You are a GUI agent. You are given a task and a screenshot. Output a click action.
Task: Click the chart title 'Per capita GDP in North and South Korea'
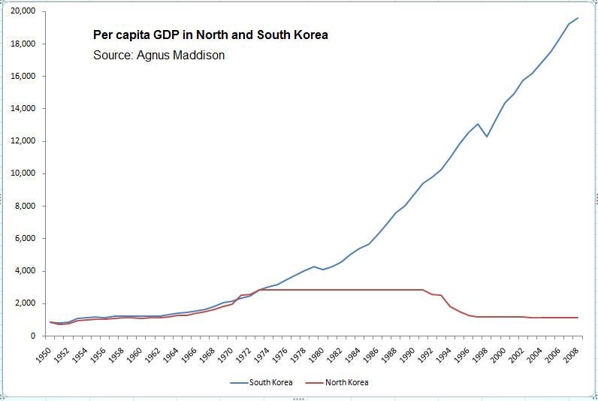210,35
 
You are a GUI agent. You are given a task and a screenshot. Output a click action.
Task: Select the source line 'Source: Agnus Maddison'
159,55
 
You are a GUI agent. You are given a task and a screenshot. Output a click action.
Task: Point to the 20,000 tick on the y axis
23,11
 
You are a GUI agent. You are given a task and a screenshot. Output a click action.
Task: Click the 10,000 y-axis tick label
23,173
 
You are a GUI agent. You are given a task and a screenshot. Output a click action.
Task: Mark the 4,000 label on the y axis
26,271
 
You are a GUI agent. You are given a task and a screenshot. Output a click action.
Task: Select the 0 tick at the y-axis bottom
34,336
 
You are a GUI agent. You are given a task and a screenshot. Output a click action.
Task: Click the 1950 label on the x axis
44,354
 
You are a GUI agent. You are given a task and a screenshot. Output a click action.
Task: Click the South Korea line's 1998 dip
487,137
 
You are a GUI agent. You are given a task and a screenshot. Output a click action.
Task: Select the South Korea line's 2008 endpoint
578,18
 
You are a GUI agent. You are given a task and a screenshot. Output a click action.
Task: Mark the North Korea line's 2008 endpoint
578,318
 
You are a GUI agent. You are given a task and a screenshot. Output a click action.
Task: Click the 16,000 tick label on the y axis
23,77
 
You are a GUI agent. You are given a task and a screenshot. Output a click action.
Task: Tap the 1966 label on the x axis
188,354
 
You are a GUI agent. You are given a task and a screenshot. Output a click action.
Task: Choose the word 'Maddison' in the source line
199,55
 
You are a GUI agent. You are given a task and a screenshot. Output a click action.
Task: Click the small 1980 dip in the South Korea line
323,270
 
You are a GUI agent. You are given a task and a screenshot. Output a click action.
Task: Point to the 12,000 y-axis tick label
23,141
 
